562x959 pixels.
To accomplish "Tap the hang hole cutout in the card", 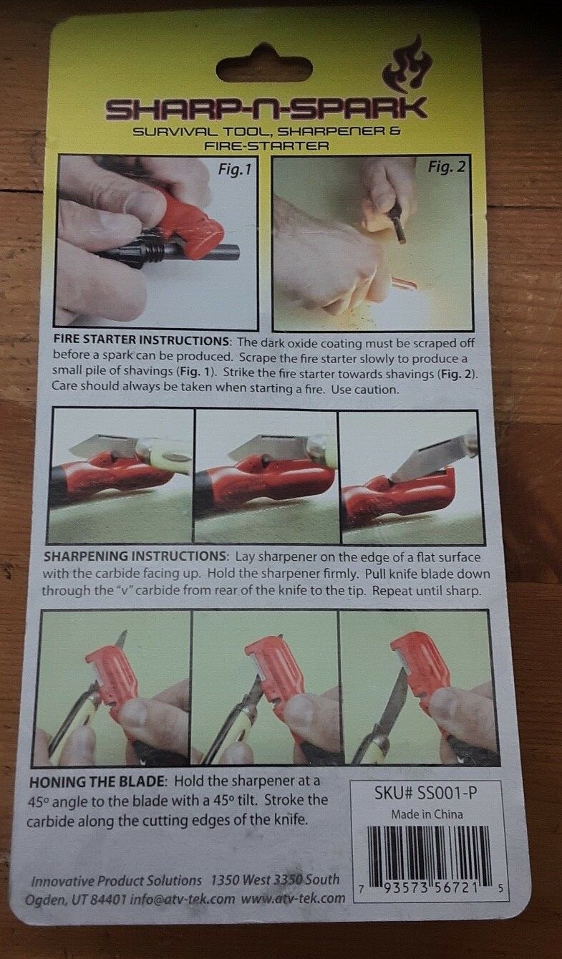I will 263,69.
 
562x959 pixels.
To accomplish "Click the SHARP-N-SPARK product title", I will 266,109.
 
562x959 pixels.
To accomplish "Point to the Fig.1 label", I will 236,171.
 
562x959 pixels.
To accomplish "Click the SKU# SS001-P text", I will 427,794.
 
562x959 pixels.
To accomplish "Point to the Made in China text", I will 427,814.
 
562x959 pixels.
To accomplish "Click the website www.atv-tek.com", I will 293,898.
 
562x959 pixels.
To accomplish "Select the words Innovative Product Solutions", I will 116,880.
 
